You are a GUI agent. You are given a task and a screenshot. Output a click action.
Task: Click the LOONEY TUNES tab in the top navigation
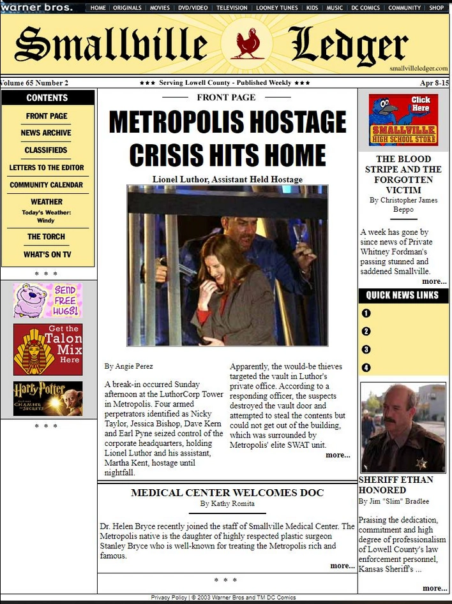click(x=276, y=8)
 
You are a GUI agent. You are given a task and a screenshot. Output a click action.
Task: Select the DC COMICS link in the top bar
click(x=365, y=8)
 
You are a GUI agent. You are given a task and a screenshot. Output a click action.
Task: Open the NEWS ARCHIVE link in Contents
click(x=46, y=133)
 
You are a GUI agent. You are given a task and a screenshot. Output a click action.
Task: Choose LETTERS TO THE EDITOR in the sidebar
click(x=47, y=168)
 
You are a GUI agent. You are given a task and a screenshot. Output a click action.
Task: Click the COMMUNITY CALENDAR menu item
click(x=46, y=185)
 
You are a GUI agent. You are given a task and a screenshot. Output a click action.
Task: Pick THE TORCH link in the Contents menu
click(x=46, y=237)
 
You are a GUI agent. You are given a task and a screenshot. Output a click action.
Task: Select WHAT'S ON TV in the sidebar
click(x=47, y=254)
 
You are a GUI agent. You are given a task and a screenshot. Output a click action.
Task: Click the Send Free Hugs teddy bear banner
click(x=48, y=300)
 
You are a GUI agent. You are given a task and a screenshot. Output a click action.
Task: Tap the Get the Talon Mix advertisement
click(x=48, y=349)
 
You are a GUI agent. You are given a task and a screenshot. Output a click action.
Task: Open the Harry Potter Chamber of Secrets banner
click(x=48, y=399)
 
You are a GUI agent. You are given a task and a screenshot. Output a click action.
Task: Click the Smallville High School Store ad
click(x=403, y=120)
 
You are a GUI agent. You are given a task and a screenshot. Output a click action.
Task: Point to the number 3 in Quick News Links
click(x=366, y=350)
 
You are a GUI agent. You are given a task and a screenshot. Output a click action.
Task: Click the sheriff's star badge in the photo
click(x=421, y=463)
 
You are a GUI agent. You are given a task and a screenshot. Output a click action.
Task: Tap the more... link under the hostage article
click(x=338, y=455)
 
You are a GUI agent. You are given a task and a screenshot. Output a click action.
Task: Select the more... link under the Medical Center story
click(x=342, y=566)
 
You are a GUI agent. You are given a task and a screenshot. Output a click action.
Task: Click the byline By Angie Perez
click(x=128, y=366)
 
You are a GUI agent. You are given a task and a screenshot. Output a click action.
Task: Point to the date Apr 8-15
click(x=434, y=83)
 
